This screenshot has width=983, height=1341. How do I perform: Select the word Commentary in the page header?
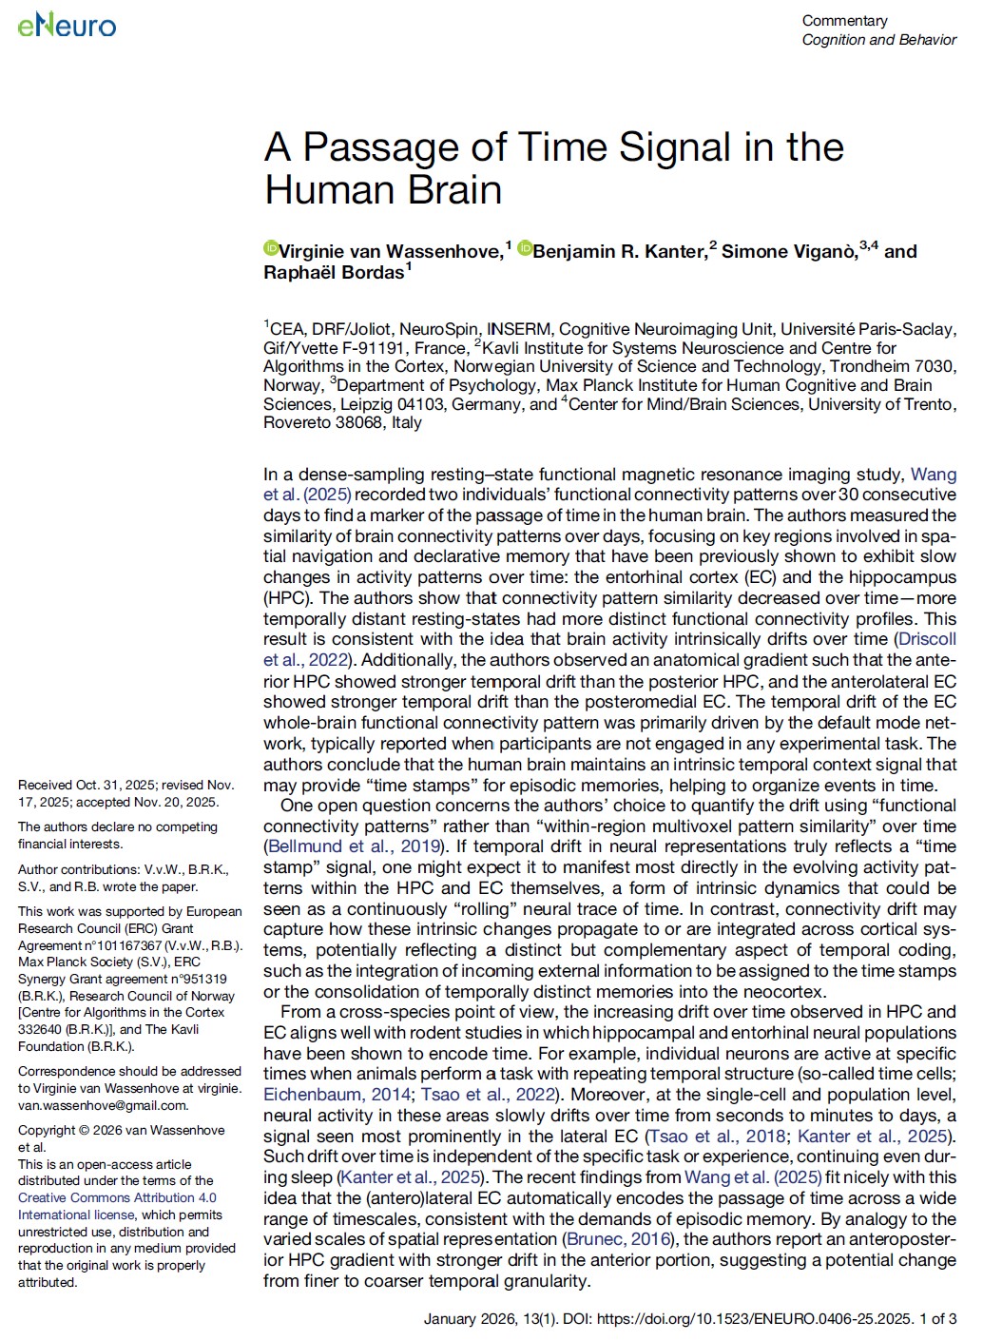844,20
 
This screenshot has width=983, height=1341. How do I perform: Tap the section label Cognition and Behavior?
878,40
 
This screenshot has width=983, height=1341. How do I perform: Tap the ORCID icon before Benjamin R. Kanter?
525,249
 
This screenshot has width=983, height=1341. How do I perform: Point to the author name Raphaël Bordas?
334,273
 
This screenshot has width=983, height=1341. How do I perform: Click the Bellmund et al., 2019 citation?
354,846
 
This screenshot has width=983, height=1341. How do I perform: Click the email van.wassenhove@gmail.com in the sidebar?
103,1105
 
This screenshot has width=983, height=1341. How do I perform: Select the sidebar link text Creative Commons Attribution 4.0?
117,1197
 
